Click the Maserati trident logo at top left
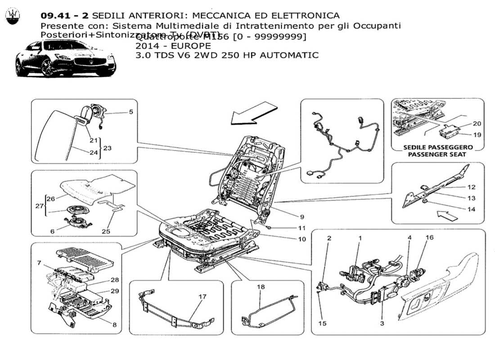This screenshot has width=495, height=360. (13, 17)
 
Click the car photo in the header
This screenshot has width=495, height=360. (66, 59)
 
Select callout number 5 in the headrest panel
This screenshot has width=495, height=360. (131, 112)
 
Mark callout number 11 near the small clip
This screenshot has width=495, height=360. (301, 228)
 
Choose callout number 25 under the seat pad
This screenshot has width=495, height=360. (105, 231)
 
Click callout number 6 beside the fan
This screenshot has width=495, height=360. (52, 231)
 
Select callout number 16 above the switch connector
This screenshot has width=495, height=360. (430, 237)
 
